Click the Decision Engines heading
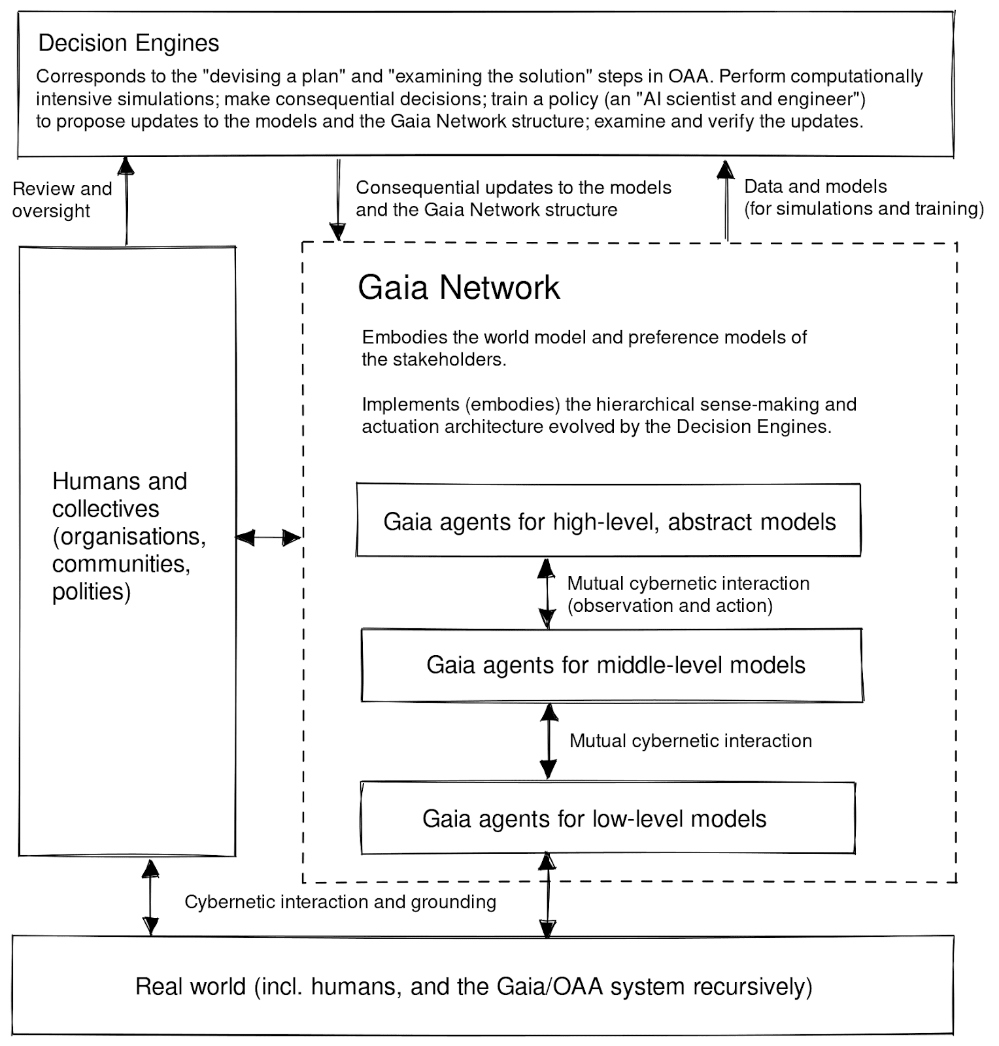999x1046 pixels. [x=129, y=43]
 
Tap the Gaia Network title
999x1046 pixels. [x=458, y=288]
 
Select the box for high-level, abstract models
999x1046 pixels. [x=609, y=521]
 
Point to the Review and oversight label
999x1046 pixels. [x=61, y=199]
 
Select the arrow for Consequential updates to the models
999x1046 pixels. [x=337, y=199]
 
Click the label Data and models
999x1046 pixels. [x=815, y=187]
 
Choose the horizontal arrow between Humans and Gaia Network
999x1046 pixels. [x=268, y=537]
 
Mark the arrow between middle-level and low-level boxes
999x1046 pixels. [x=549, y=741]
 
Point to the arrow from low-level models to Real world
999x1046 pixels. [x=547, y=895]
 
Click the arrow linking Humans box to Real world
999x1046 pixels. [x=150, y=897]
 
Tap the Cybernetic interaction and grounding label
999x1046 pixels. [x=340, y=902]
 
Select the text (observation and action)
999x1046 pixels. [x=669, y=605]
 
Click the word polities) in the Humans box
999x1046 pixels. [x=92, y=592]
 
